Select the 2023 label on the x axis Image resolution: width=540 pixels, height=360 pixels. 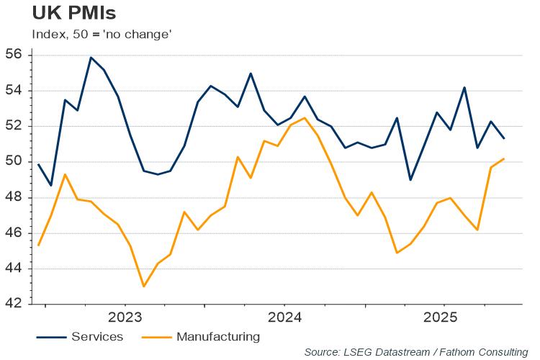[x=125, y=318]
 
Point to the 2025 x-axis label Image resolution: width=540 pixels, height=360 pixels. [x=444, y=318]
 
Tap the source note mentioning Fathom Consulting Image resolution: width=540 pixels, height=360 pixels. [x=415, y=352]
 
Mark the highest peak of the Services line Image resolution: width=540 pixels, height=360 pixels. [x=91, y=57]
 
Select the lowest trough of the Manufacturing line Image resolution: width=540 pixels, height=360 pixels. [x=143, y=287]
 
